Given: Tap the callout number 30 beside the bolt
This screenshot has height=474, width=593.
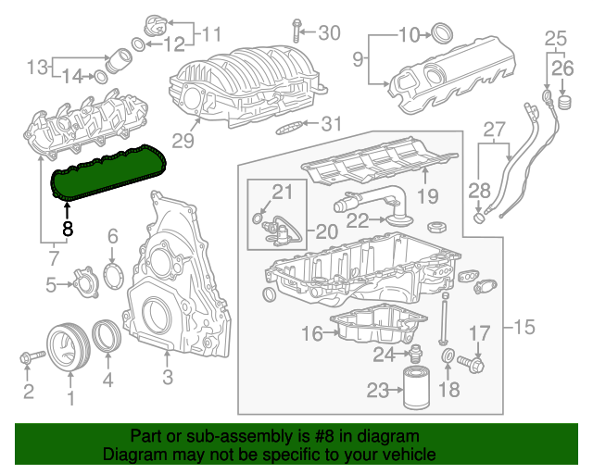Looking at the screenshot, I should click(330, 33).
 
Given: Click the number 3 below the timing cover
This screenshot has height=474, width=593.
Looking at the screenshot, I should click(168, 377).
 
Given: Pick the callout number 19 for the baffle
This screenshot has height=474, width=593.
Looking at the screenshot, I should click(426, 195).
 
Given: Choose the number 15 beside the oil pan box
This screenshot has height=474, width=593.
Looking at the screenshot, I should click(524, 326).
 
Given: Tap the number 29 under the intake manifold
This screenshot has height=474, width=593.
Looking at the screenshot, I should click(183, 141).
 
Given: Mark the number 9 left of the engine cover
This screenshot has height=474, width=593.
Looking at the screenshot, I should click(358, 61).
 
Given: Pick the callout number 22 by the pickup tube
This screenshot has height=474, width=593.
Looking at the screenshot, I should click(357, 219).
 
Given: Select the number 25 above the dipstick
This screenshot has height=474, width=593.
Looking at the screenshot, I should click(554, 39).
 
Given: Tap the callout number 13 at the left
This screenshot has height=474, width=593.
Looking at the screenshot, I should click(37, 67).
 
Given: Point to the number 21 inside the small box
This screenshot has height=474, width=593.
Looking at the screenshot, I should click(282, 192).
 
